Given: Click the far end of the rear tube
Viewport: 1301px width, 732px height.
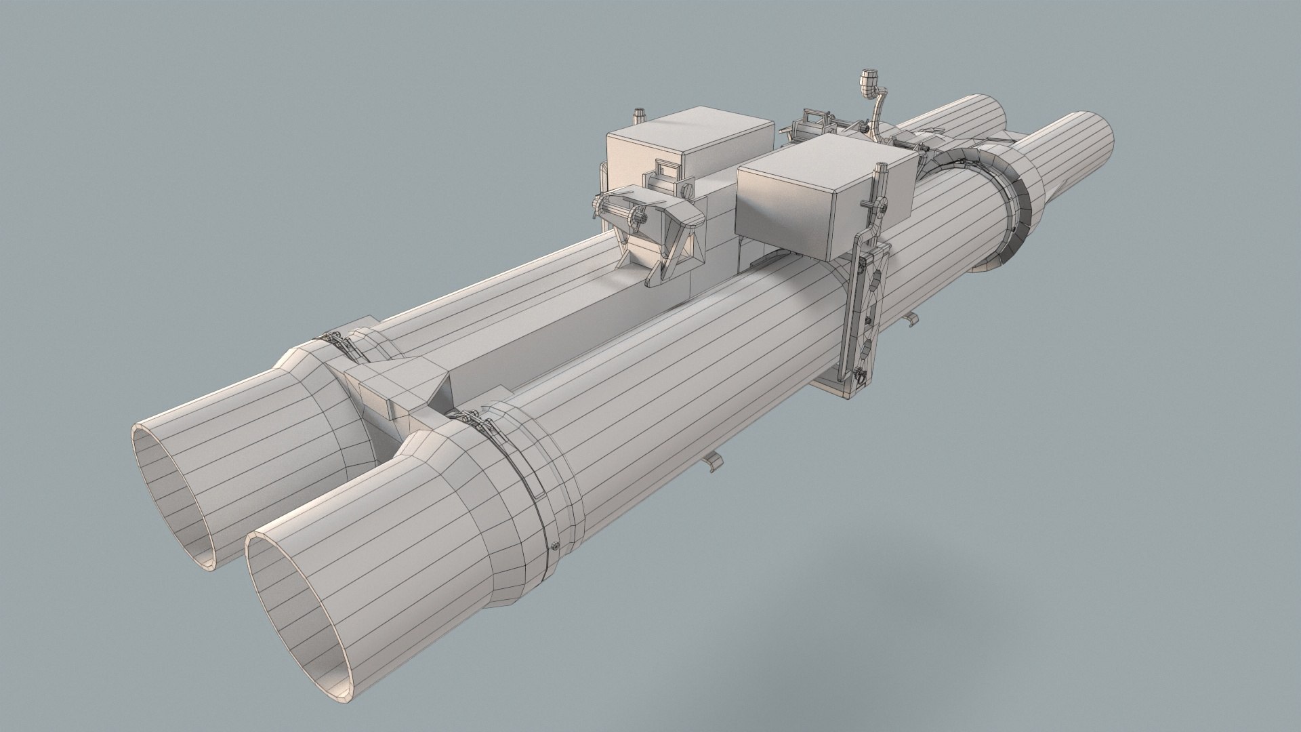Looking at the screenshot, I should click(x=976, y=112).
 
